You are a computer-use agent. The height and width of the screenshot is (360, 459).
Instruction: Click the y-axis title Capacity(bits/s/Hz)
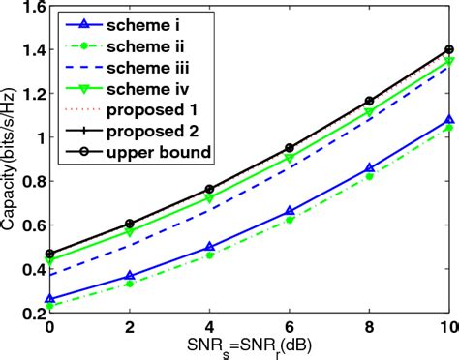click(x=13, y=160)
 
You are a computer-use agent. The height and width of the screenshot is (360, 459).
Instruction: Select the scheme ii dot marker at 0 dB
click(x=49, y=306)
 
